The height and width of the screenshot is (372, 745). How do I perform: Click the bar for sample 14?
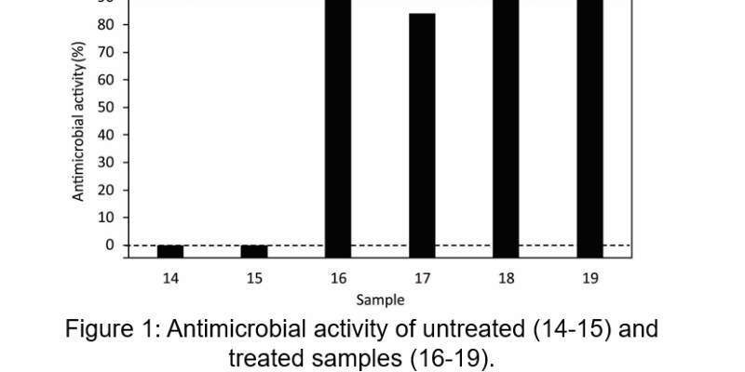pyautogui.click(x=170, y=251)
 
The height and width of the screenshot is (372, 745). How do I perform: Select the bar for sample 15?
pyautogui.click(x=254, y=251)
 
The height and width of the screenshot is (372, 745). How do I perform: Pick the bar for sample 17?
pyautogui.click(x=422, y=136)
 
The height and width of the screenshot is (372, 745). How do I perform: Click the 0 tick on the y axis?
pyautogui.click(x=109, y=246)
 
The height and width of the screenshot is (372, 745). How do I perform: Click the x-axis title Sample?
pyautogui.click(x=380, y=299)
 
